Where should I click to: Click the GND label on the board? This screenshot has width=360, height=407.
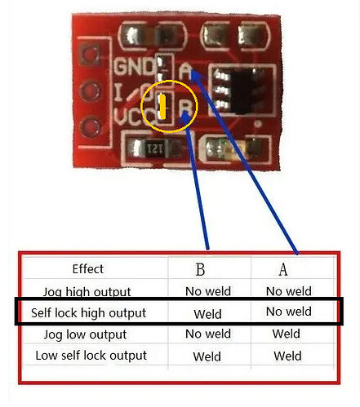click(134, 66)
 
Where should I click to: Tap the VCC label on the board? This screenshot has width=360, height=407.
click(134, 117)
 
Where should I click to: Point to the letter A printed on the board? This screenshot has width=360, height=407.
click(185, 71)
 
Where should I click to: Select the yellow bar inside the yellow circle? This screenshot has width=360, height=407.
click(162, 107)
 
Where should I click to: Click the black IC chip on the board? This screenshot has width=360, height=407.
click(241, 91)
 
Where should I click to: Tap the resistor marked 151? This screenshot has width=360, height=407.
click(153, 148)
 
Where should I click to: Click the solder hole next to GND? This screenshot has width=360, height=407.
click(90, 55)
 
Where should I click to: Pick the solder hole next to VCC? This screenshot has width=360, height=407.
click(91, 127)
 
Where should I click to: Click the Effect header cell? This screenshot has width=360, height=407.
click(88, 269)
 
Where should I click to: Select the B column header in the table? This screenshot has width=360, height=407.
click(200, 269)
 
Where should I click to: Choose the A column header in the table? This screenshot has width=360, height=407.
click(283, 269)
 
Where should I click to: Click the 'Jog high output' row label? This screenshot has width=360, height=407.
click(87, 292)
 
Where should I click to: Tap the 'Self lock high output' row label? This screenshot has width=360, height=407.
click(88, 313)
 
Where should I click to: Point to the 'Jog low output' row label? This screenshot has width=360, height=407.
click(85, 334)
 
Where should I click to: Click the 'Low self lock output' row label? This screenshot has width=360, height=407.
click(91, 356)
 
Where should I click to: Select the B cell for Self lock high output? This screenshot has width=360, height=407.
click(207, 314)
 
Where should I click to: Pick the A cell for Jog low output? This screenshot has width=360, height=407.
click(287, 334)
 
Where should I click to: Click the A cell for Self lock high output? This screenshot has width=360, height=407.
click(289, 312)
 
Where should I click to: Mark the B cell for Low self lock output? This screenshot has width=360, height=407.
click(207, 356)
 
